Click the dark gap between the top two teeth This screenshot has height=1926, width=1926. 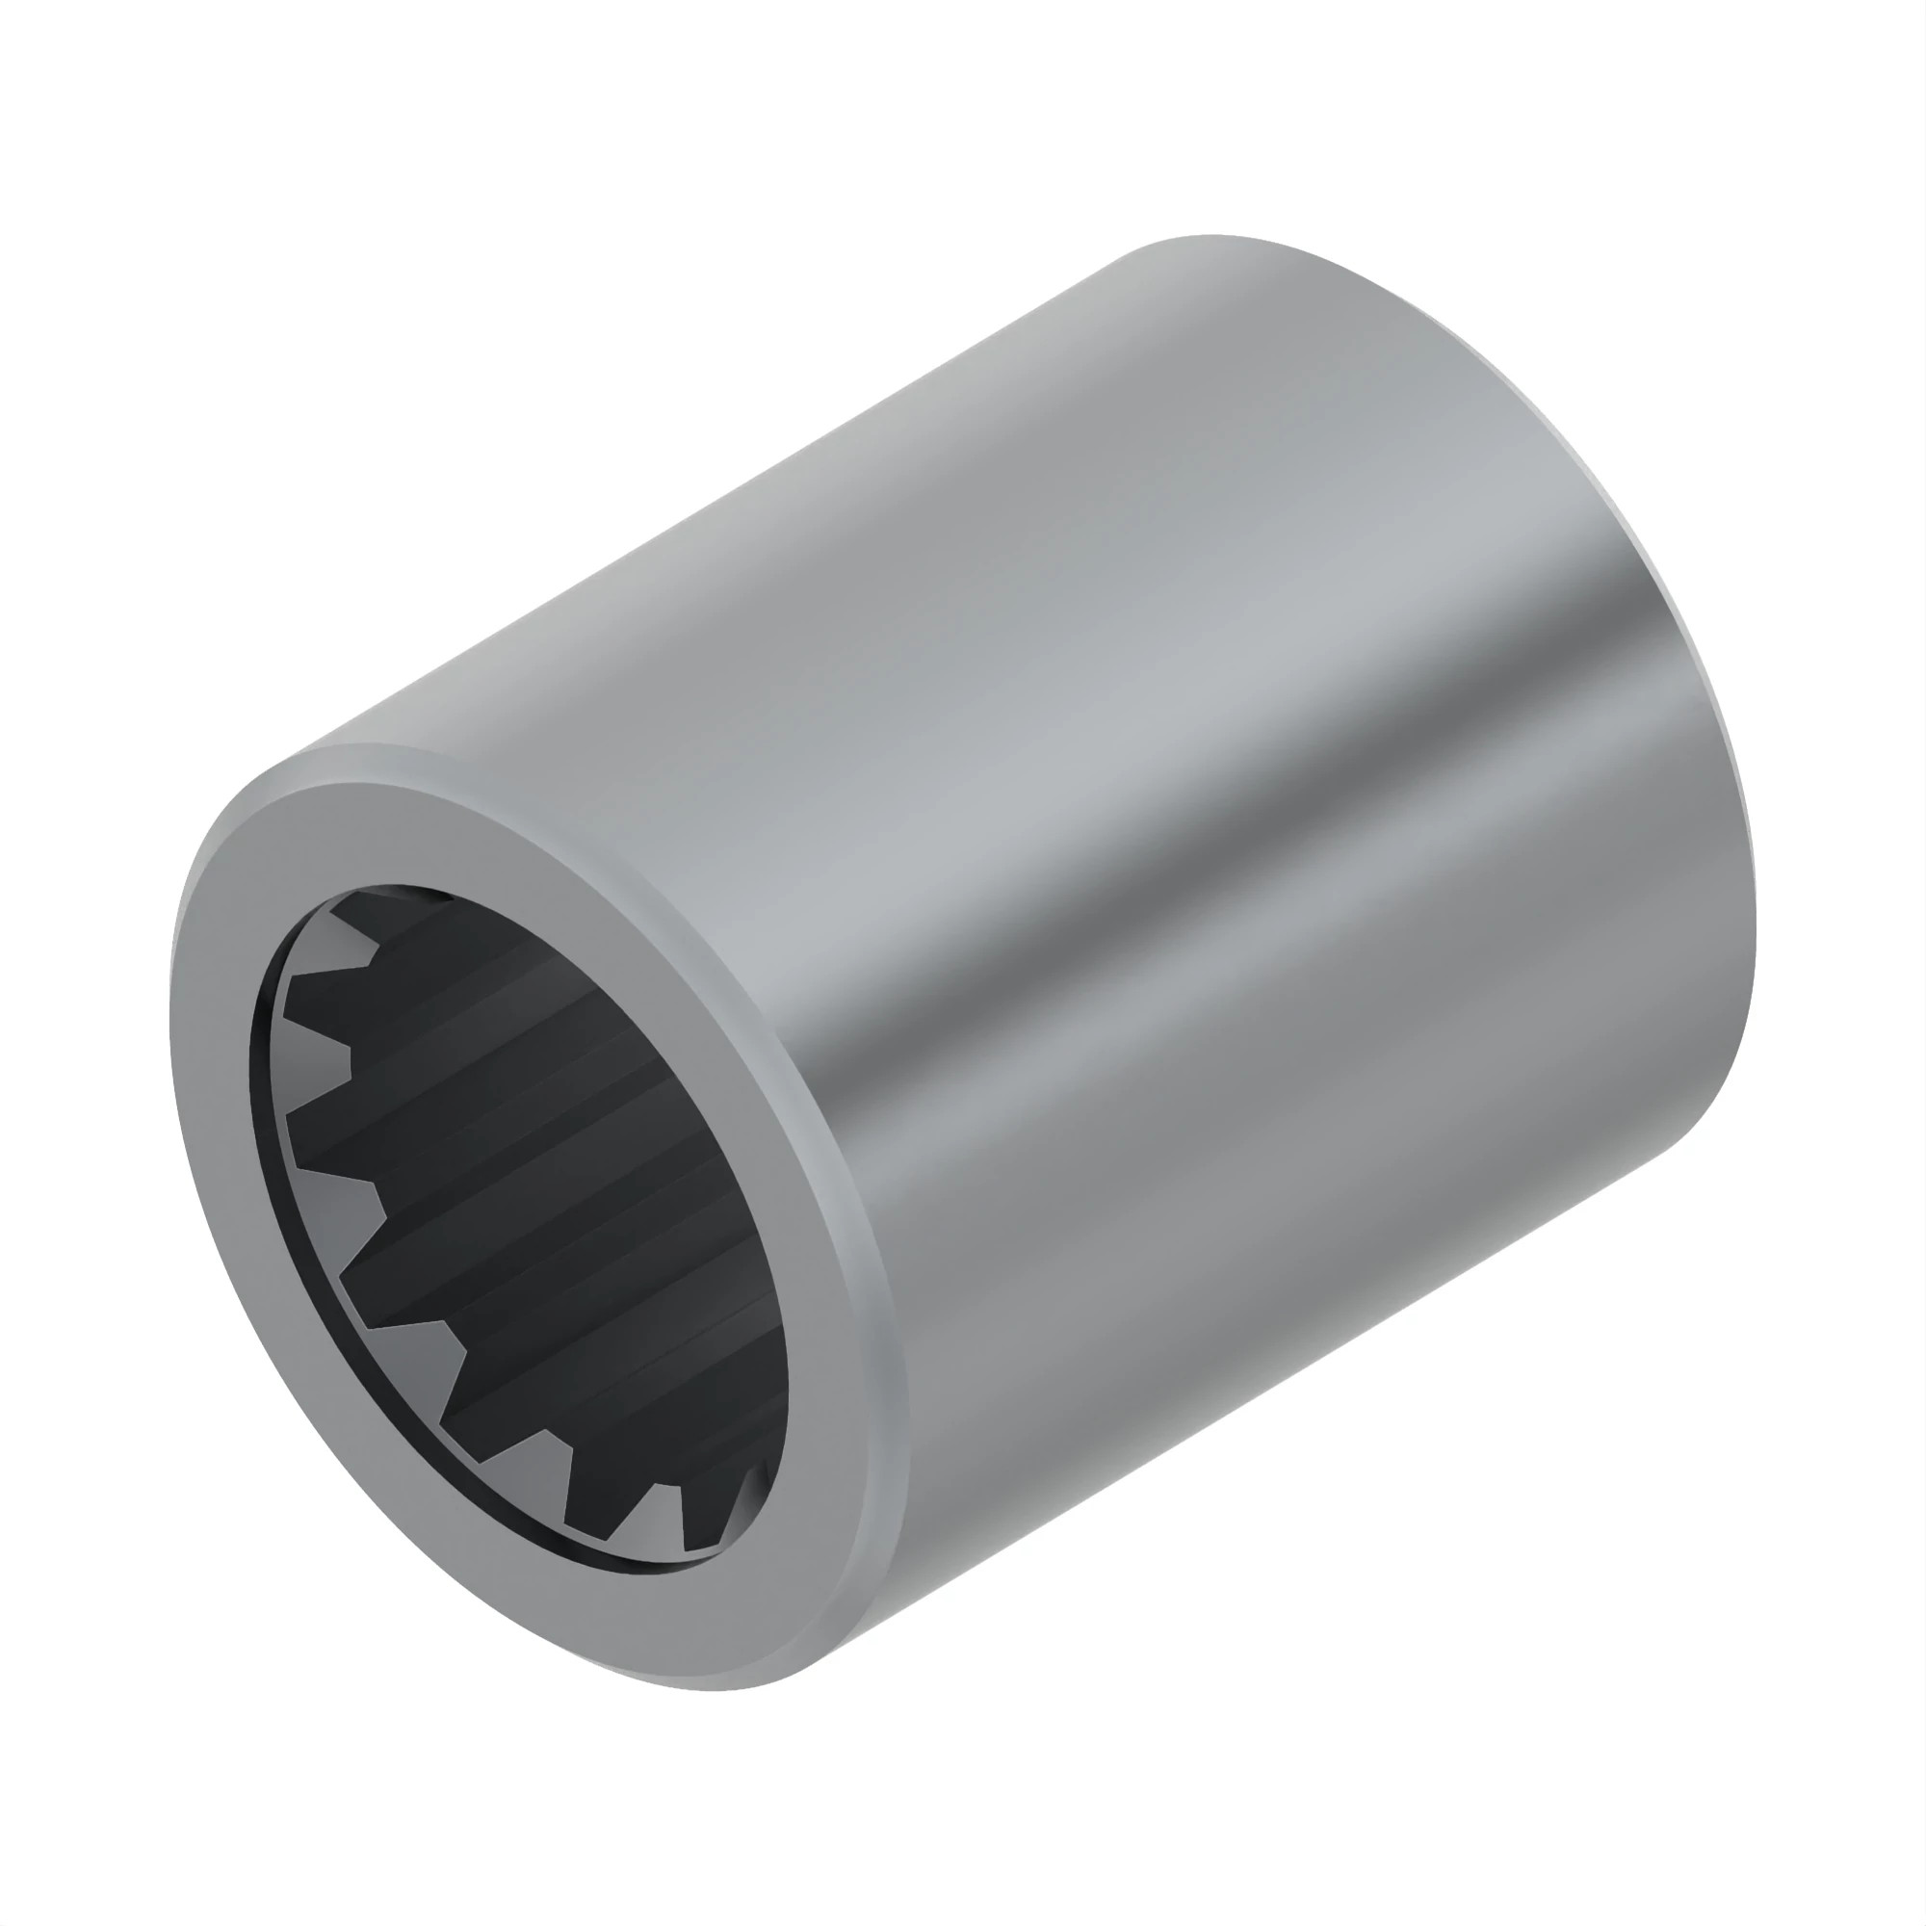pos(344,989)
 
